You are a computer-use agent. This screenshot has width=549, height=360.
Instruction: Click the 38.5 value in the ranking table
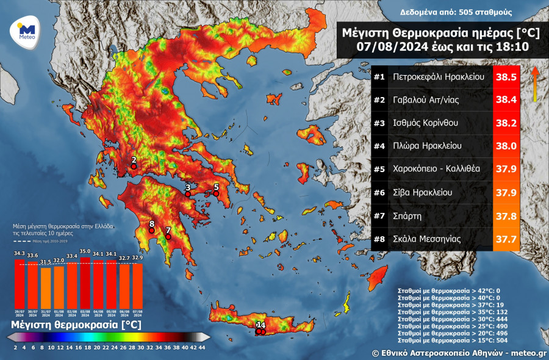[506, 77]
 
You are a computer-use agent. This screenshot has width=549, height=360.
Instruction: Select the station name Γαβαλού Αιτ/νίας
[425, 101]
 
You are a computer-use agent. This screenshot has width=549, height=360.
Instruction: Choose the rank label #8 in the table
[379, 239]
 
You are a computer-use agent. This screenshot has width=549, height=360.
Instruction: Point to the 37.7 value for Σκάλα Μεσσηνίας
[506, 239]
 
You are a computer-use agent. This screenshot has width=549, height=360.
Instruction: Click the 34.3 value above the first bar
[19, 254]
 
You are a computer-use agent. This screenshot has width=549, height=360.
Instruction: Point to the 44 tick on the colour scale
[203, 347]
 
